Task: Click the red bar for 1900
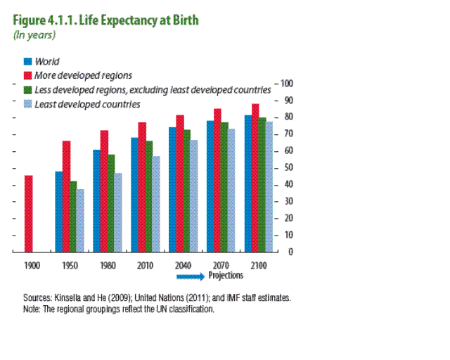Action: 28,213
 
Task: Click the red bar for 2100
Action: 255,177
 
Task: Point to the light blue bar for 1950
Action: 81,220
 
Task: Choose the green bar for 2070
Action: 225,186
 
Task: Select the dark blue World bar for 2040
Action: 172,189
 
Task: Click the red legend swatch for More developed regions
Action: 28,75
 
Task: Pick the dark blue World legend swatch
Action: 28,61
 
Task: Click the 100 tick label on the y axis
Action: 286,84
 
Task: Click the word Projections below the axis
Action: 226,276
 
